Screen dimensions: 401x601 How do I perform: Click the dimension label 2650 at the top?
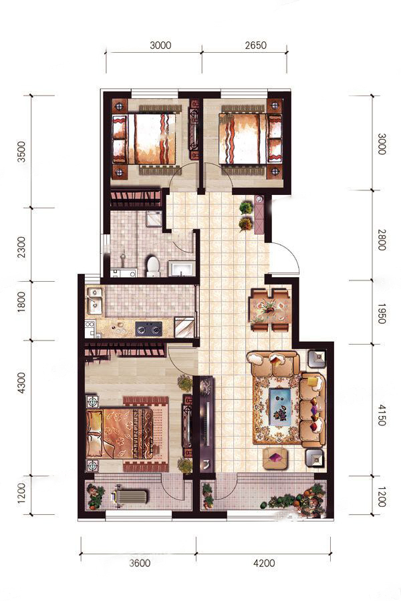click(255, 45)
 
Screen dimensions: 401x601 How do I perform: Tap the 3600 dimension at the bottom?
click(140, 564)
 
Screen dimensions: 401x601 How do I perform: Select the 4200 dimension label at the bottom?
click(264, 564)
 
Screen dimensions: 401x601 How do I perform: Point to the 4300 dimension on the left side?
click(21, 382)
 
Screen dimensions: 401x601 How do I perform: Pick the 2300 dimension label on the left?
click(21, 247)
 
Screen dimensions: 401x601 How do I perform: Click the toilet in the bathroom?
click(153, 266)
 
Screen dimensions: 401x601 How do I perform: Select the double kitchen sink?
click(94, 299)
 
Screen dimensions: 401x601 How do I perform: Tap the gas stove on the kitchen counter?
click(148, 329)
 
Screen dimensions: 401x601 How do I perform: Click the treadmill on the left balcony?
click(129, 496)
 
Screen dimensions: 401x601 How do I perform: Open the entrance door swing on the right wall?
click(283, 258)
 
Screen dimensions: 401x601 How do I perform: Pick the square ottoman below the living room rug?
click(275, 458)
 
